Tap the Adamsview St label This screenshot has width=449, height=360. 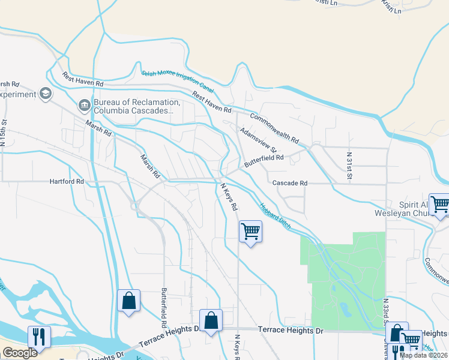[x=258, y=139]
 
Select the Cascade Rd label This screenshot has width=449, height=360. [x=290, y=182]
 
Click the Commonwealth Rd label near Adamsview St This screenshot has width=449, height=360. [x=274, y=128]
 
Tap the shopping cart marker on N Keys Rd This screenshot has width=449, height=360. [x=250, y=231]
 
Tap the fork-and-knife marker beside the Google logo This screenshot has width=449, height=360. [x=39, y=336]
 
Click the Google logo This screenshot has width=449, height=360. [x=20, y=353]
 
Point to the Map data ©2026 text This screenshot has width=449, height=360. [x=423, y=355]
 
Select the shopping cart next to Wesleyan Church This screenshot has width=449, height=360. [x=439, y=204]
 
